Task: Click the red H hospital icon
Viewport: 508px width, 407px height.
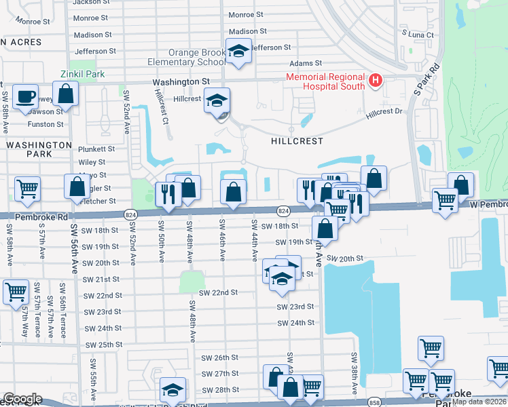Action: click(374, 81)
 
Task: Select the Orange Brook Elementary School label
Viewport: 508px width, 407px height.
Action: click(187, 58)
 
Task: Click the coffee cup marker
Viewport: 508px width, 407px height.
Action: click(26, 97)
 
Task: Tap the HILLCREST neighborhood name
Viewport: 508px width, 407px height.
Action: click(297, 141)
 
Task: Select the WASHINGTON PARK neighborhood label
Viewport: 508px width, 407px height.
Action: click(39, 149)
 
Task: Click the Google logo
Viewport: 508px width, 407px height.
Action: click(22, 399)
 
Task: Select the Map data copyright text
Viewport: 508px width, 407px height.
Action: click(479, 402)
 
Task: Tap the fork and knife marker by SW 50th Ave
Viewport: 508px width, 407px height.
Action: click(166, 193)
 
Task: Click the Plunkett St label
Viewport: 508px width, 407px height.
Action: click(96, 149)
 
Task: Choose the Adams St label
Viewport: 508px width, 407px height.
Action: click(325, 63)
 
